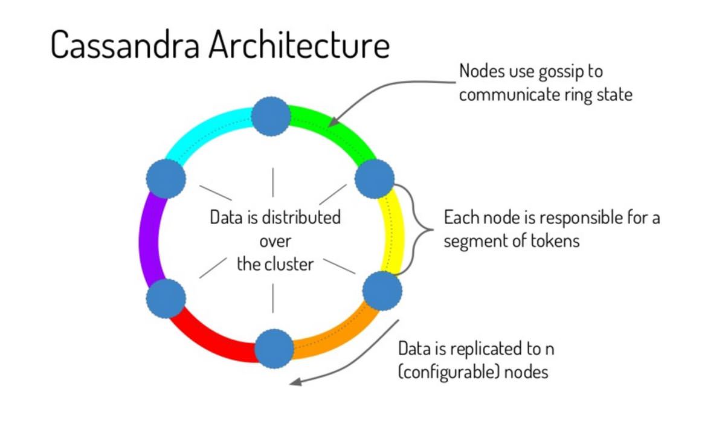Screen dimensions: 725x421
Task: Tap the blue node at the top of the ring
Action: point(271,117)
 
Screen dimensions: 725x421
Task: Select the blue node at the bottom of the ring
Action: point(274,349)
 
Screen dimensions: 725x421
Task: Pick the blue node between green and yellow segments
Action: point(375,179)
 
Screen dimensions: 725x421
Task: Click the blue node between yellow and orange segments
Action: point(382,291)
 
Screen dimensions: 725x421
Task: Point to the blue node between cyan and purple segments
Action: point(166,179)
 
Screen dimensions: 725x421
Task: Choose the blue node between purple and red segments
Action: point(166,298)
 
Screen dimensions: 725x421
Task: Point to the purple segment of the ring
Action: point(149,239)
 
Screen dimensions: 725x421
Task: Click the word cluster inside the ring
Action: point(289,264)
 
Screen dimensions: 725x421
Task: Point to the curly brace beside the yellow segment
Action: point(415,230)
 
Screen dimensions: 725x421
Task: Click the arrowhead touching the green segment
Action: point(333,122)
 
